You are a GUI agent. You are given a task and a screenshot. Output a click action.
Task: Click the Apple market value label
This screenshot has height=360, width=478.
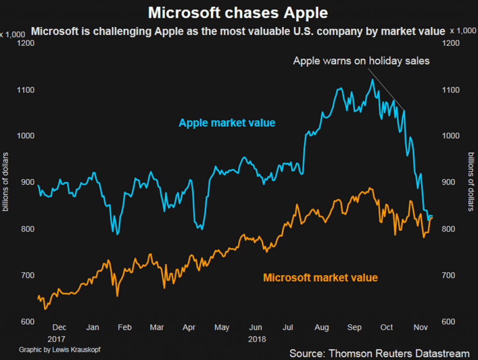tap(227, 123)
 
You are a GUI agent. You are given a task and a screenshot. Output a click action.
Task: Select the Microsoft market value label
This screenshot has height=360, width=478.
tap(320, 278)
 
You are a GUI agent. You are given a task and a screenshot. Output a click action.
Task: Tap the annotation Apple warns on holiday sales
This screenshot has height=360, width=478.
tap(361, 61)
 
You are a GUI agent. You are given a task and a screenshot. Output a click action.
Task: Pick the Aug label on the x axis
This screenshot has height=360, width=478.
tap(322, 328)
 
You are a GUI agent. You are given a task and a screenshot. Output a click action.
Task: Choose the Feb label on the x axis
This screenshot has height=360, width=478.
tap(125, 328)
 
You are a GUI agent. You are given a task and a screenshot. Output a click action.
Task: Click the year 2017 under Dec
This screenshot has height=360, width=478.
tap(56, 339)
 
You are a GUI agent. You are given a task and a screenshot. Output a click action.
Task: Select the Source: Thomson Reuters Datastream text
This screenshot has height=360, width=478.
tap(379, 353)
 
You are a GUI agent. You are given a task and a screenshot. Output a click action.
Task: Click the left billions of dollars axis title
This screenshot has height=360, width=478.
tap(6, 182)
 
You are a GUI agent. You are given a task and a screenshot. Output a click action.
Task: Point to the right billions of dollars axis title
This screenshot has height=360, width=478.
tap(471, 182)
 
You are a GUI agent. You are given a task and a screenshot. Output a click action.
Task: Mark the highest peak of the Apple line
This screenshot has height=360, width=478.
tap(372, 80)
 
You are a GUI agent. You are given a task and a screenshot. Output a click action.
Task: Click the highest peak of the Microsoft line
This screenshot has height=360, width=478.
tap(370, 188)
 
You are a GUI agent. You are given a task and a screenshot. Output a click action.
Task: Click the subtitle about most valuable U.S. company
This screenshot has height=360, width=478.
tap(238, 32)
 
